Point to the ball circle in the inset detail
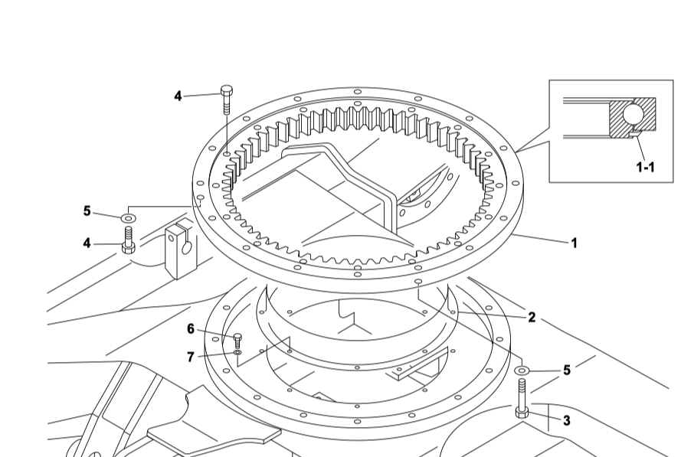[633, 115]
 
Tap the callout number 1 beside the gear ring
[573, 243]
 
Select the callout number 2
[531, 317]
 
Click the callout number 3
[566, 420]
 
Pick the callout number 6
[191, 329]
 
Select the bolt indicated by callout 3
[522, 401]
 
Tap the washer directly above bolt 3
[522, 371]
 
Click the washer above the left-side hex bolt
[127, 219]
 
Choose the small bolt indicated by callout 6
[237, 341]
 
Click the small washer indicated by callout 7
[237, 353]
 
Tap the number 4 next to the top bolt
[178, 96]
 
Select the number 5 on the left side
[87, 211]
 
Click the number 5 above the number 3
[567, 370]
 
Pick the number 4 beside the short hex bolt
[87, 243]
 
